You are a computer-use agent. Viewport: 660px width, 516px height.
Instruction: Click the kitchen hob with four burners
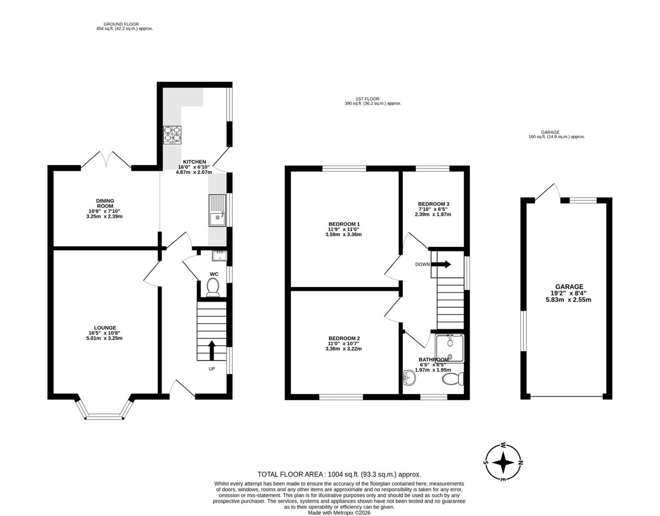pyautogui.click(x=173, y=135)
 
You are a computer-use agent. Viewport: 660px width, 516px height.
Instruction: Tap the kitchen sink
pyautogui.click(x=217, y=210)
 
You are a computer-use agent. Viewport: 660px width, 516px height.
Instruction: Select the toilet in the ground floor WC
pyautogui.click(x=213, y=288)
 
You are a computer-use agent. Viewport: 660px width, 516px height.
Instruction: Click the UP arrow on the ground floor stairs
pyautogui.click(x=211, y=350)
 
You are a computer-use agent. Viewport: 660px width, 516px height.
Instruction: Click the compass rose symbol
pyautogui.click(x=503, y=462)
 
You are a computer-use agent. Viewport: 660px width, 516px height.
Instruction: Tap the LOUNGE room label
pyautogui.click(x=105, y=328)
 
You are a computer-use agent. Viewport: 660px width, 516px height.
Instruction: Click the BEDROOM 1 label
pyautogui.click(x=344, y=224)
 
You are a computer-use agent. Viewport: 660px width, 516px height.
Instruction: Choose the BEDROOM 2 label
pyautogui.click(x=344, y=338)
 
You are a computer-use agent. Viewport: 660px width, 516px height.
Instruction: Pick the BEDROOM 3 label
pyautogui.click(x=433, y=204)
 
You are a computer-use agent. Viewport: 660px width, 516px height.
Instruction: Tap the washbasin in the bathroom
pyautogui.click(x=410, y=377)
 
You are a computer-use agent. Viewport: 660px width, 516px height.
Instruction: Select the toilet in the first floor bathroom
pyautogui.click(x=453, y=379)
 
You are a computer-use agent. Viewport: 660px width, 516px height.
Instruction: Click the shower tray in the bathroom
pyautogui.click(x=449, y=347)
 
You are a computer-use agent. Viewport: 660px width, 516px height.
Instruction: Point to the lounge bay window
pyautogui.click(x=104, y=411)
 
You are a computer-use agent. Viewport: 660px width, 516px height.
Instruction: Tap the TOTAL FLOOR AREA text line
pyautogui.click(x=339, y=474)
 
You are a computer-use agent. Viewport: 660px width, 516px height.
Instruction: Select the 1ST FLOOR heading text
pyautogui.click(x=368, y=99)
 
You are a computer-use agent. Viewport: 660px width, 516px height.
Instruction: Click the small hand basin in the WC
pyautogui.click(x=220, y=256)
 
